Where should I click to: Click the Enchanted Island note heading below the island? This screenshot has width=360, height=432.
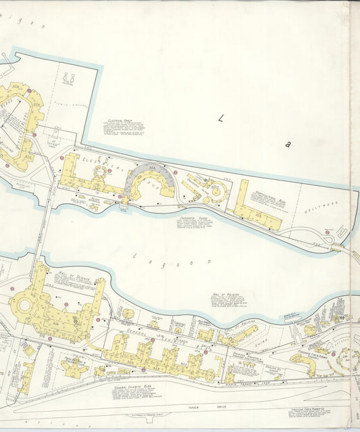point(192,220)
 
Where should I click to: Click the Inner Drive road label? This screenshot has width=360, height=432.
point(196,406)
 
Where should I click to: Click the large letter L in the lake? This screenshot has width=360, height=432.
point(220,118)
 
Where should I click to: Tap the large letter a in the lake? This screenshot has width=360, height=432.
point(288,143)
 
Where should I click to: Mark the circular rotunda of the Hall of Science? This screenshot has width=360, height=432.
point(26,306)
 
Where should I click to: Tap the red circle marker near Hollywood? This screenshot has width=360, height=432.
point(327,232)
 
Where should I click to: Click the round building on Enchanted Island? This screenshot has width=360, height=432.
point(217,193)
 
